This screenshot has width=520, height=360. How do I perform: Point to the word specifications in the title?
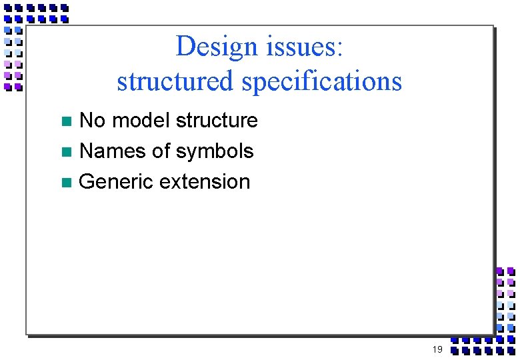point(322,81)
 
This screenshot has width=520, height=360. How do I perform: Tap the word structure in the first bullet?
point(217,121)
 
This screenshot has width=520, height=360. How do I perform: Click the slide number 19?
point(437,350)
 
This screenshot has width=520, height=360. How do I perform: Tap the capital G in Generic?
point(87,182)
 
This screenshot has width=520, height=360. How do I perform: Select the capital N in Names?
point(86,151)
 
